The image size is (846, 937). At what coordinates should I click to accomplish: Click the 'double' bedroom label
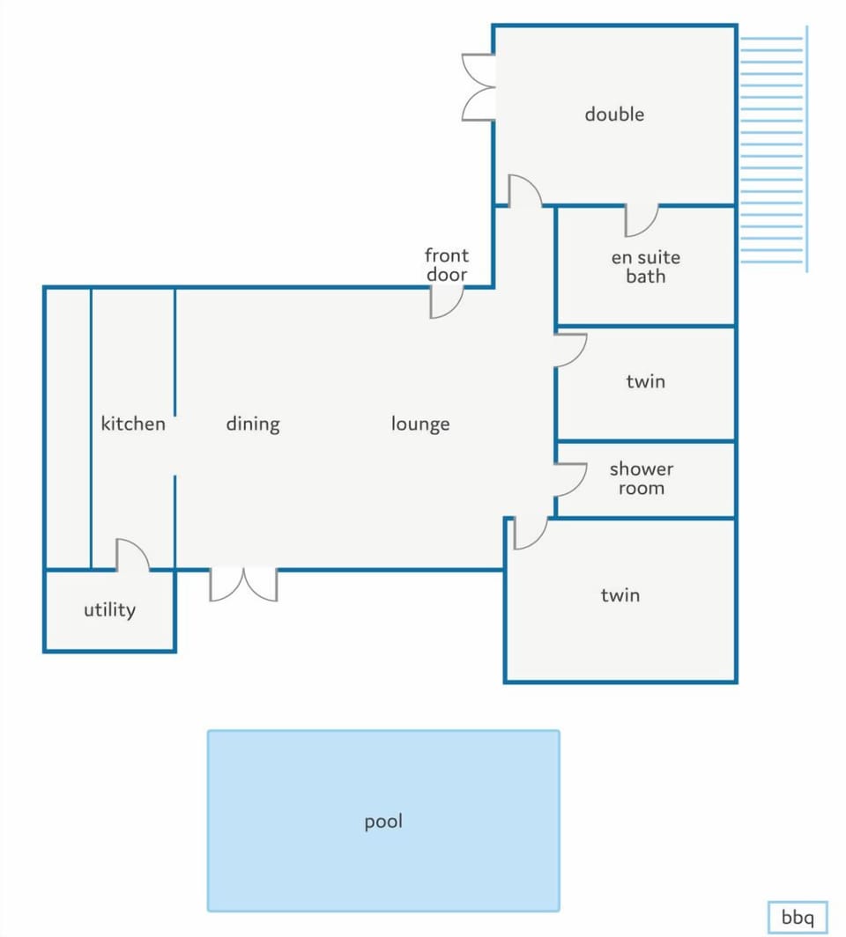[614, 114]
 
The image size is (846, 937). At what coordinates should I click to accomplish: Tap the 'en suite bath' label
[646, 267]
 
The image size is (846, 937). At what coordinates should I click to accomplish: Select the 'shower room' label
[642, 478]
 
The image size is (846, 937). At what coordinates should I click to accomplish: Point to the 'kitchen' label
[133, 424]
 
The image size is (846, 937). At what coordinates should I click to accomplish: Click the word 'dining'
[253, 424]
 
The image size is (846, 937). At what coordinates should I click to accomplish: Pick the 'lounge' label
[420, 424]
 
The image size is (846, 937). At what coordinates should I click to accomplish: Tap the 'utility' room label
[109, 610]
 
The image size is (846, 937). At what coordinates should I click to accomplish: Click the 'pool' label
[383, 822]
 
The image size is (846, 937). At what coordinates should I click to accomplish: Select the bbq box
[798, 917]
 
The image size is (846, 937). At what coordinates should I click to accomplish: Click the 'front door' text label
[447, 265]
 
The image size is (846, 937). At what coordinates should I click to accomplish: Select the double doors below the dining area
[243, 585]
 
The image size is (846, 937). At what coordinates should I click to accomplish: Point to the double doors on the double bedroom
[479, 87]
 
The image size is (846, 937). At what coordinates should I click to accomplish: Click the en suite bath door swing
[642, 220]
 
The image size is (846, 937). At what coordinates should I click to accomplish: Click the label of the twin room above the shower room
[646, 381]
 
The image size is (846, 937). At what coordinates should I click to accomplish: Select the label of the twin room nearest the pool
[620, 595]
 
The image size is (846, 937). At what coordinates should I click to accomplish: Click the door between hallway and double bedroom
[525, 190]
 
